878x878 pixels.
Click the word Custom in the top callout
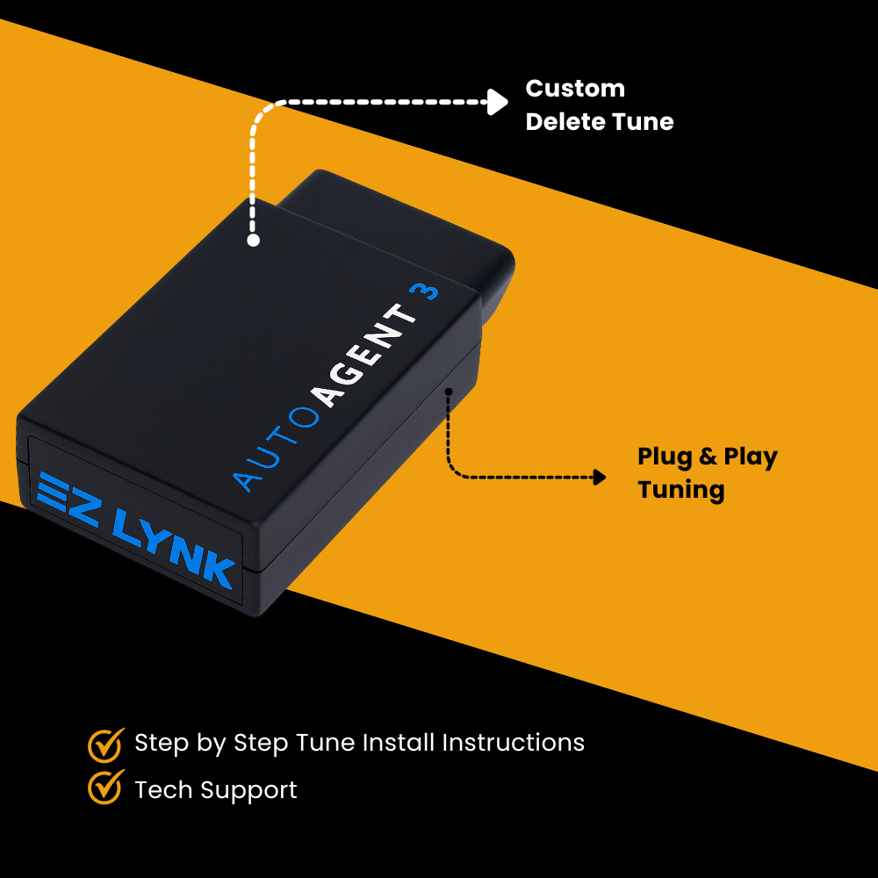tap(575, 89)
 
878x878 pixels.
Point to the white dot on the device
tap(254, 240)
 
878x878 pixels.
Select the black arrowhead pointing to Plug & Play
tap(599, 477)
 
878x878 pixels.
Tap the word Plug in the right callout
tap(665, 458)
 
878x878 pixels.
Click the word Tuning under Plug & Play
tap(681, 490)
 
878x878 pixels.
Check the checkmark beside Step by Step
tap(105, 744)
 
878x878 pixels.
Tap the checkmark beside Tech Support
tap(105, 787)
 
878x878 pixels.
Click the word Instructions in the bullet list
tap(513, 743)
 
